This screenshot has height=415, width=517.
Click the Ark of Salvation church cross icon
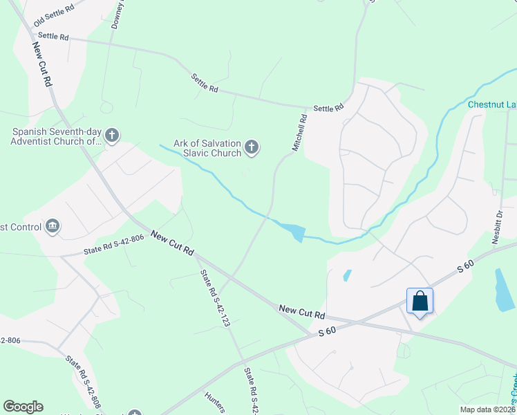click(252, 147)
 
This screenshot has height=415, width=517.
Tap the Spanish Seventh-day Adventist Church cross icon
click(113, 135)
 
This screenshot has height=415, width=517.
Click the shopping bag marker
click(420, 301)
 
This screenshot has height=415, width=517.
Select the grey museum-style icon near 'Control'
click(53, 225)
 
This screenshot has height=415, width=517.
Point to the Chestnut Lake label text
click(491, 104)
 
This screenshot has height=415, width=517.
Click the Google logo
click(23, 407)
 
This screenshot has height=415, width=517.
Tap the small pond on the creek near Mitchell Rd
click(293, 232)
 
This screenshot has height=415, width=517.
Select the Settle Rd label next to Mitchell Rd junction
click(328, 108)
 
